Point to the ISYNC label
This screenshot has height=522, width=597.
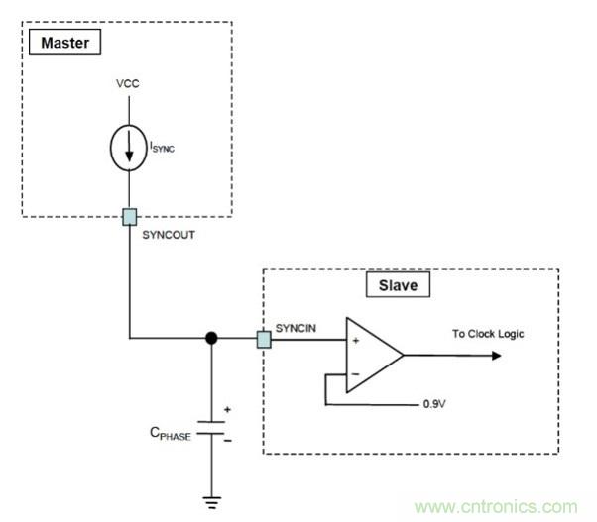click(x=168, y=148)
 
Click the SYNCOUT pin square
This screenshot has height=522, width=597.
click(x=128, y=216)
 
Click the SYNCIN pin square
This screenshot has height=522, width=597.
click(x=264, y=339)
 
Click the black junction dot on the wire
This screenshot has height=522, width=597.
click(x=211, y=339)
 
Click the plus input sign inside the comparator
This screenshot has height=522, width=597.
click(x=354, y=340)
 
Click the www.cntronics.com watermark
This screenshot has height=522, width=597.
click(x=495, y=506)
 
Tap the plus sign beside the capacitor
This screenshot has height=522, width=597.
click(x=228, y=409)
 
